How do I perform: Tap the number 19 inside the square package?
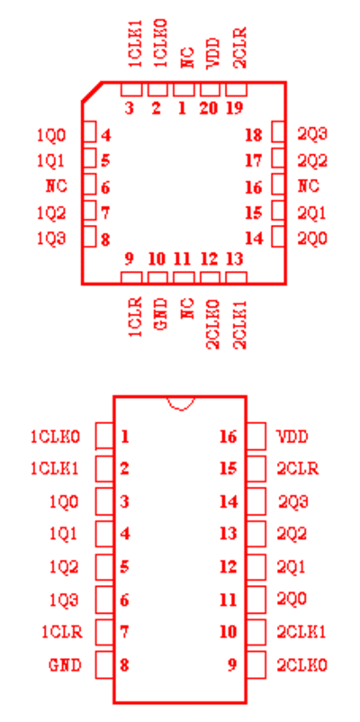point(234,109)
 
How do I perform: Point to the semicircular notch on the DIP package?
point(181,403)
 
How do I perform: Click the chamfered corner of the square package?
point(92,92)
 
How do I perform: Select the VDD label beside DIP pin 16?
point(292,436)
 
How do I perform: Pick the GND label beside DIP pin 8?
point(65,665)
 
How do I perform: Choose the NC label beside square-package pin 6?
point(57,186)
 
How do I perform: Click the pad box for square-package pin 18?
point(277,132)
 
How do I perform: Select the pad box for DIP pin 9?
point(256,664)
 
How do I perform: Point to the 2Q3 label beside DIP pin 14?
point(292,501)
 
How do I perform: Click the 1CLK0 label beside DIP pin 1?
point(55,437)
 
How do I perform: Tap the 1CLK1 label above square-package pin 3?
point(135,44)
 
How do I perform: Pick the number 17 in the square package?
point(254,161)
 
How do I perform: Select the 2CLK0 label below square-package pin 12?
point(213,324)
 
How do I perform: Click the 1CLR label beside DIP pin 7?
point(62,632)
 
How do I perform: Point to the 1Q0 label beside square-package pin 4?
point(51,135)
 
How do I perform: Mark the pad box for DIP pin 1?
point(104,436)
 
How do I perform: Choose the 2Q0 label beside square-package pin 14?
point(312,239)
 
